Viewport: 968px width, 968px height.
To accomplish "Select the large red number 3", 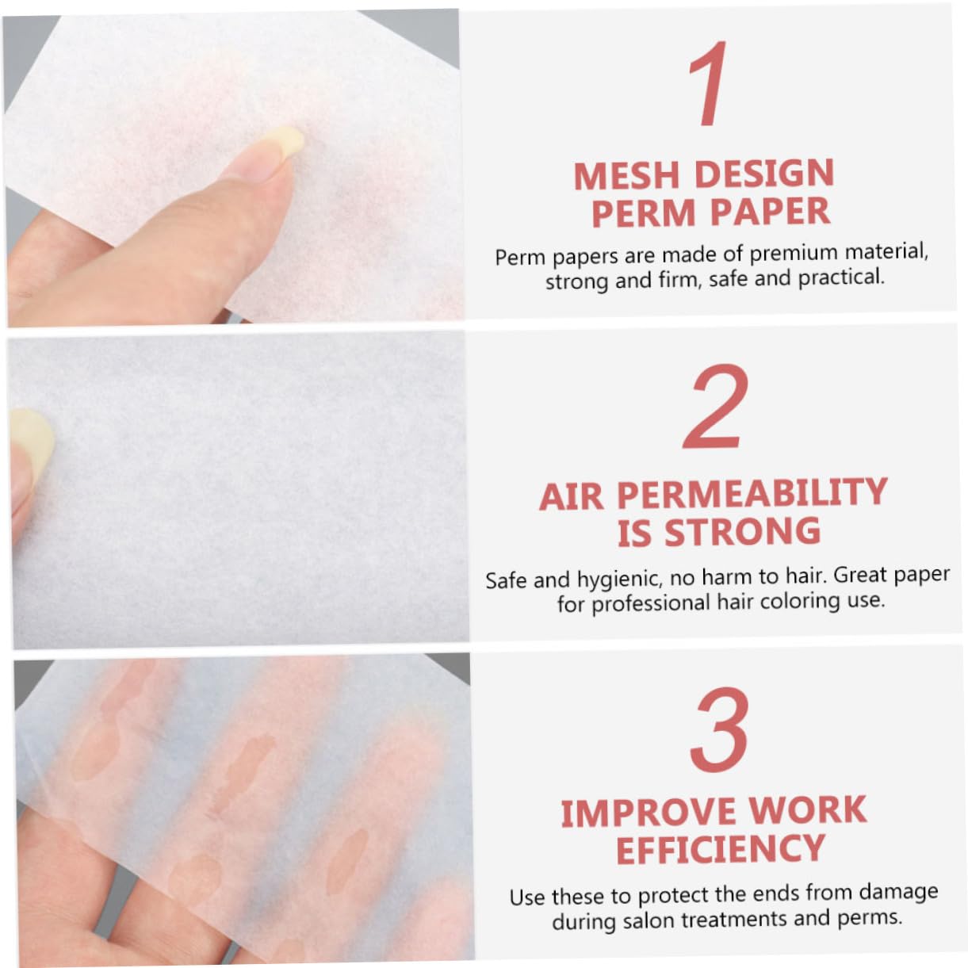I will click(719, 730).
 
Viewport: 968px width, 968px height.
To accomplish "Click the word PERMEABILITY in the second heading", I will click(752, 493).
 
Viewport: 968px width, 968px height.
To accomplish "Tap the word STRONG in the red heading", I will click(742, 532).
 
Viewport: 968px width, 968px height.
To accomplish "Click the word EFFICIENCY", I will click(721, 850).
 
